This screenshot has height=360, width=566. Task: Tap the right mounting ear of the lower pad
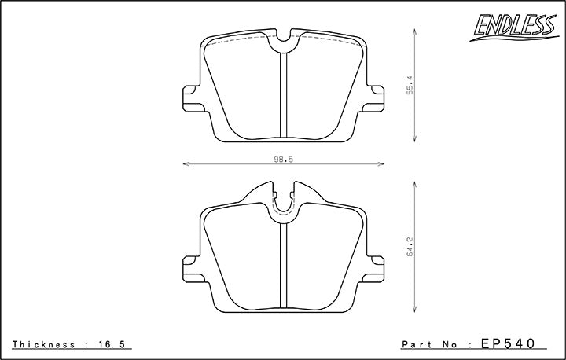pos(377,266)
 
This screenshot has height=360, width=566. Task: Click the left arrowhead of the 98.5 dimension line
pos(186,164)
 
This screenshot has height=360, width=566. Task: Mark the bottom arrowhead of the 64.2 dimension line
pos(414,309)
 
